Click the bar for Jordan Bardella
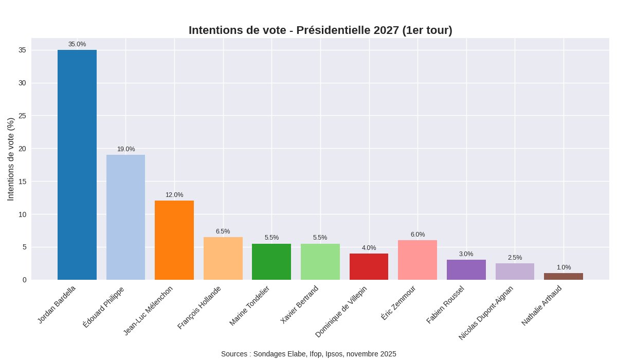77,165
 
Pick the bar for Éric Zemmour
418,260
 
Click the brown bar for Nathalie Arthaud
564,276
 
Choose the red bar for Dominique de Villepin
369,266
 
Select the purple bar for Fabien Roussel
466,269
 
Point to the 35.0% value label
77,44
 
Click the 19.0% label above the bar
126,149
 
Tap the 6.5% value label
223,231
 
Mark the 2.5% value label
515,258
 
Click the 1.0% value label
564,267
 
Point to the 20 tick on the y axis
22,149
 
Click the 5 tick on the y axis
24,247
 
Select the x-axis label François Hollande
199,308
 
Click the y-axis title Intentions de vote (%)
11,159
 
